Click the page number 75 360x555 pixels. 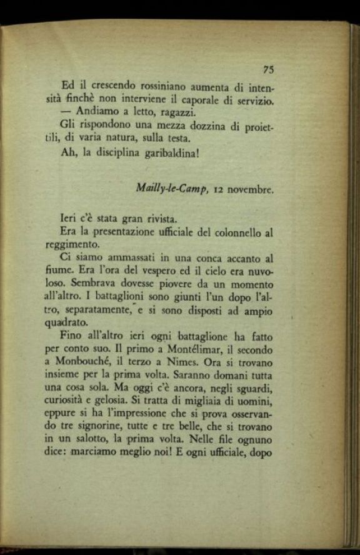click(269, 69)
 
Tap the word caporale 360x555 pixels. click(201, 99)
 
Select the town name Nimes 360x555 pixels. click(201, 363)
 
